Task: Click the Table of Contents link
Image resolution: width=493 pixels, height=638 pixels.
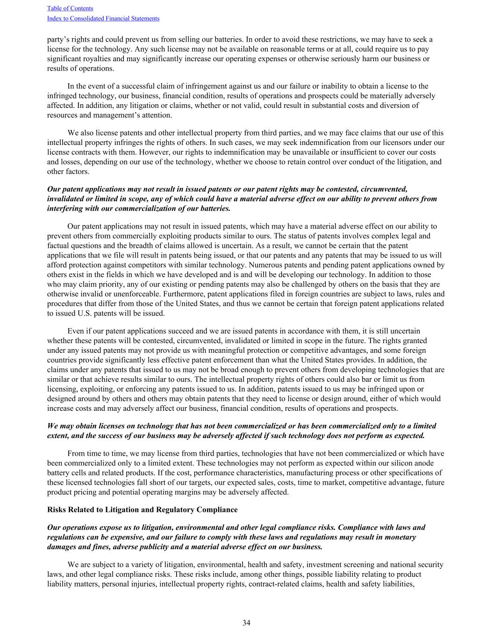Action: tap(70, 8)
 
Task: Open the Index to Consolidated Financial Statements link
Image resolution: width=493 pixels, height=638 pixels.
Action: tap(103, 18)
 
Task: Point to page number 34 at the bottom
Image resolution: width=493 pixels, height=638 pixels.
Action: tap(246, 623)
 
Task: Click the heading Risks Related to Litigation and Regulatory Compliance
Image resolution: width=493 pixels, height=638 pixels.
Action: tap(142, 509)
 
